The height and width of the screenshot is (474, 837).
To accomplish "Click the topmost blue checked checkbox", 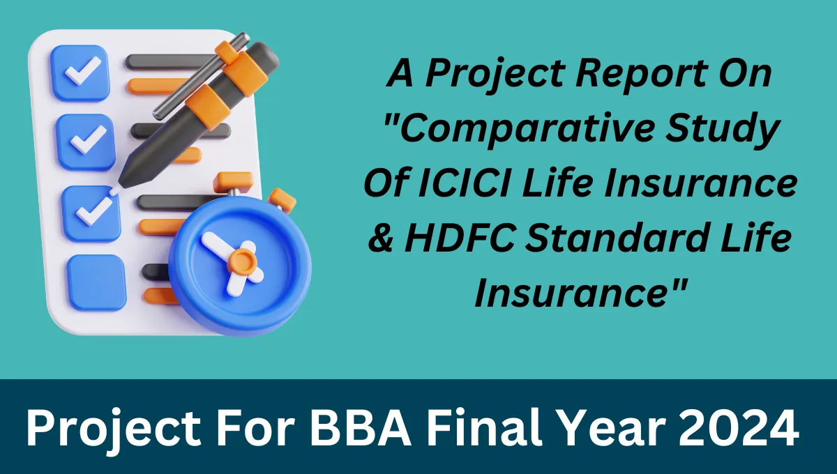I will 83,71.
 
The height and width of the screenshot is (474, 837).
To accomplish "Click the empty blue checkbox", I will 96,282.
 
